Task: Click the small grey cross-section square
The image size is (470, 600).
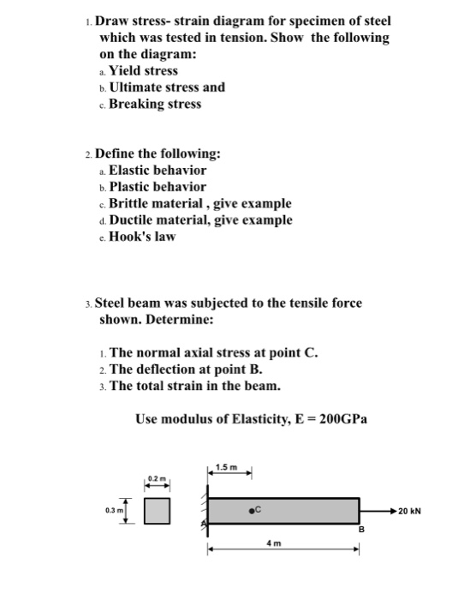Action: coord(155,512)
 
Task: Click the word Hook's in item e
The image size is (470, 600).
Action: coord(131,236)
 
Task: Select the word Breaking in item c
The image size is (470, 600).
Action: coord(136,104)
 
